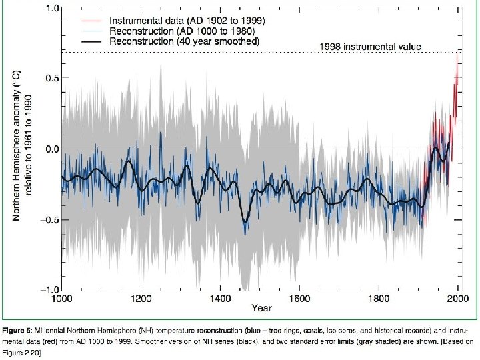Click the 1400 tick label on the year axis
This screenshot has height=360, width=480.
pos(221,298)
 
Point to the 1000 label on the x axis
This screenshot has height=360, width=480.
pos(62,298)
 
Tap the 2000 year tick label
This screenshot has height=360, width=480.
pos(458,298)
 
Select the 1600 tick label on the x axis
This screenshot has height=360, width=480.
pos(299,298)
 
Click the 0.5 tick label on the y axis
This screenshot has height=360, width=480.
pos(52,78)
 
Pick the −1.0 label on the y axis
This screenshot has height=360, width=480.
pos(49,289)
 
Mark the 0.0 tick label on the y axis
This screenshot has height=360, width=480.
pos(52,149)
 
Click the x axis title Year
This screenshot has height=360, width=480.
pos(262,308)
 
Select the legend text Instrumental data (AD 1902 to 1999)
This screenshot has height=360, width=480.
pos(187,21)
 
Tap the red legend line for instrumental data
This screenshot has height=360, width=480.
pos(91,21)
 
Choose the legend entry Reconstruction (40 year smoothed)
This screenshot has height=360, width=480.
pos(184,41)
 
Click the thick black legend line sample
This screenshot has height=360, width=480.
pos(91,41)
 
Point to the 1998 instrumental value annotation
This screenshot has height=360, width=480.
pos(371,47)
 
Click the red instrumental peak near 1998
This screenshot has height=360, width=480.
pos(457,54)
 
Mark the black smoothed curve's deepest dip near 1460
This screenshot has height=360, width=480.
pos(245,221)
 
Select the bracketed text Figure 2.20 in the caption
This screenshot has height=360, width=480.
pos(21,353)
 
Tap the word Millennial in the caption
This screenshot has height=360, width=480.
pos(50,331)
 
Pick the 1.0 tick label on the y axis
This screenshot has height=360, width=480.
pos(52,7)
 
